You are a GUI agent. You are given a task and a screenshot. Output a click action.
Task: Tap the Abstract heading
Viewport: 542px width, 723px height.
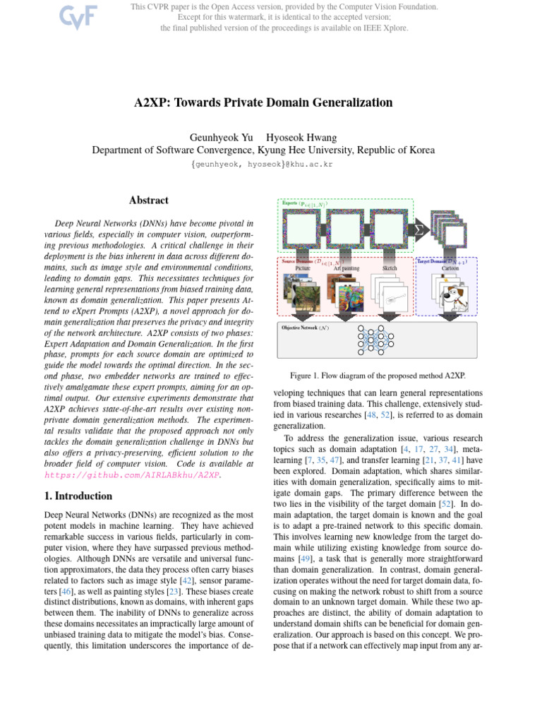pos(148,201)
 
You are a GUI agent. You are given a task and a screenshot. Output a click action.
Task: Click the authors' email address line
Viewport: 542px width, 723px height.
pos(262,164)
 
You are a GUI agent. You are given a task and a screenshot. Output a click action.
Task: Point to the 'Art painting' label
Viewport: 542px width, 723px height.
pos(346,268)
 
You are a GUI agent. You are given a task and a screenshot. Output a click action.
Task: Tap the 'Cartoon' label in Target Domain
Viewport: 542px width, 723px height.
pos(450,268)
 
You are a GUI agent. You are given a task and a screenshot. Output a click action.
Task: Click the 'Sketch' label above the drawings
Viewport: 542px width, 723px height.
pos(389,268)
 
